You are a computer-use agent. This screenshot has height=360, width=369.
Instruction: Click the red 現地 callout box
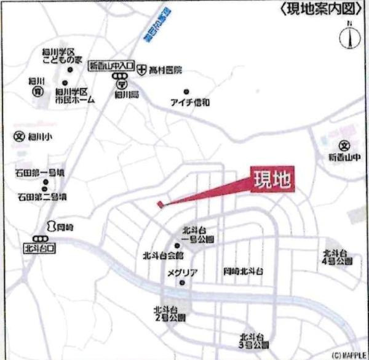coord(272,181)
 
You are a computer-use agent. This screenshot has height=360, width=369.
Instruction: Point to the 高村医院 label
coord(164,71)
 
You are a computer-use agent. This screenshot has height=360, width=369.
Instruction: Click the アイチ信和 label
coord(189,102)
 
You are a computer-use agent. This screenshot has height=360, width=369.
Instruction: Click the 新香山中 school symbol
coord(345,146)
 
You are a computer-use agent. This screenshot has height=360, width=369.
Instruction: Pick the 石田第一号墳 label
coord(41,174)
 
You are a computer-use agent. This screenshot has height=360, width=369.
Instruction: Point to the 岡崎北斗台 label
coord(244,271)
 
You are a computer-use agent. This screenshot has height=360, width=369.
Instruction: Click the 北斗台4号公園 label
coord(336,257)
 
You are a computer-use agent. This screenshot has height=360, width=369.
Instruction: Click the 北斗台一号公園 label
coord(197,236)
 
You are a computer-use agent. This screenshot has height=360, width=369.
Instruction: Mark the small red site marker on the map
coord(161,204)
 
